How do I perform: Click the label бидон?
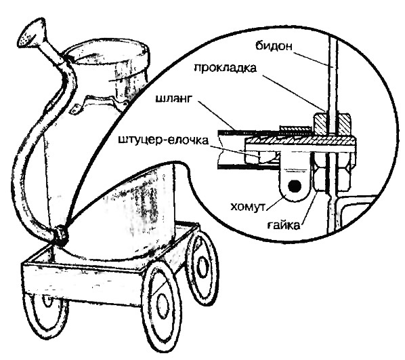[274, 46]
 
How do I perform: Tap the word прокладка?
[225, 68]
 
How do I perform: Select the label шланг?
[174, 99]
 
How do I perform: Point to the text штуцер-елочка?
[163, 141]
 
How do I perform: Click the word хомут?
[248, 207]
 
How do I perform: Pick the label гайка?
[284, 225]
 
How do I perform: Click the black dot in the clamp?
[295, 186]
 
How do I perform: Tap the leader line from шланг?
[218, 116]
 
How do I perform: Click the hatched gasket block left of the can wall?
[321, 124]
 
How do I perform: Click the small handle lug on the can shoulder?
[77, 108]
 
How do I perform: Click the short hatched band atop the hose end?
[296, 127]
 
